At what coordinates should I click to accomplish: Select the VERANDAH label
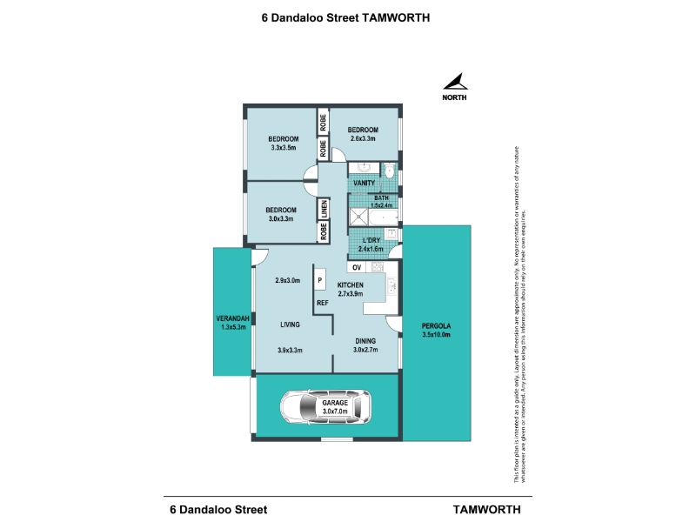[234, 318]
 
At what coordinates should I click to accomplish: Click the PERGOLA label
[436, 325]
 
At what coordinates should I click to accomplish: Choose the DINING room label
[365, 341]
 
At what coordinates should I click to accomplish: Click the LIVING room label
[290, 325]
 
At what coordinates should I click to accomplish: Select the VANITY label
[364, 183]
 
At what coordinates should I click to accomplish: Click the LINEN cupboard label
[323, 209]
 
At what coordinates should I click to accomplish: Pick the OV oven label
[357, 267]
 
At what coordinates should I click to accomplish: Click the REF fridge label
[322, 303]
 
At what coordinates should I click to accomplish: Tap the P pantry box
[320, 281]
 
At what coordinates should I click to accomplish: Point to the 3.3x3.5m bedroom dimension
[284, 149]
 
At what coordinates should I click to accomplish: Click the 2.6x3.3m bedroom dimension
[363, 138]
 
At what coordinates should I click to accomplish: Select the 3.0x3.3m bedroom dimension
[280, 219]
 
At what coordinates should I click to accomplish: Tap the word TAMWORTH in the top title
[397, 17]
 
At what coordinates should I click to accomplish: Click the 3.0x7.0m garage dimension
[335, 413]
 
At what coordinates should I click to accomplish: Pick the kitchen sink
[391, 284]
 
